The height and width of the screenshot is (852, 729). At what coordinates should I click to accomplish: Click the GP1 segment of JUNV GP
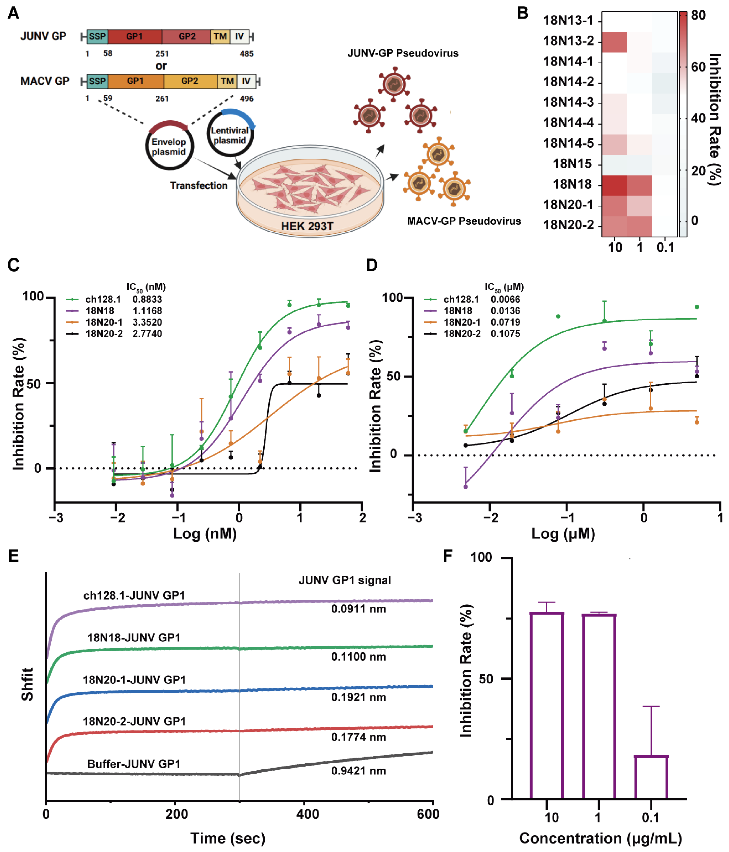coord(134,36)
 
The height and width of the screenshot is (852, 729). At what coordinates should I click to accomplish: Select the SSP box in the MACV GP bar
coord(97,81)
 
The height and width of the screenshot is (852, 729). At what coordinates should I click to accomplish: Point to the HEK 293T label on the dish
coord(307,226)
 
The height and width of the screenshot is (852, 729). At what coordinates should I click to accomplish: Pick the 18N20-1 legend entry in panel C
coord(104,322)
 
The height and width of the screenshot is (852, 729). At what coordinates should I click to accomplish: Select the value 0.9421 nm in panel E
coord(358,771)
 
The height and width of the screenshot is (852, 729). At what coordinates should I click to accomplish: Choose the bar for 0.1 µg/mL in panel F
coord(651,778)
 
